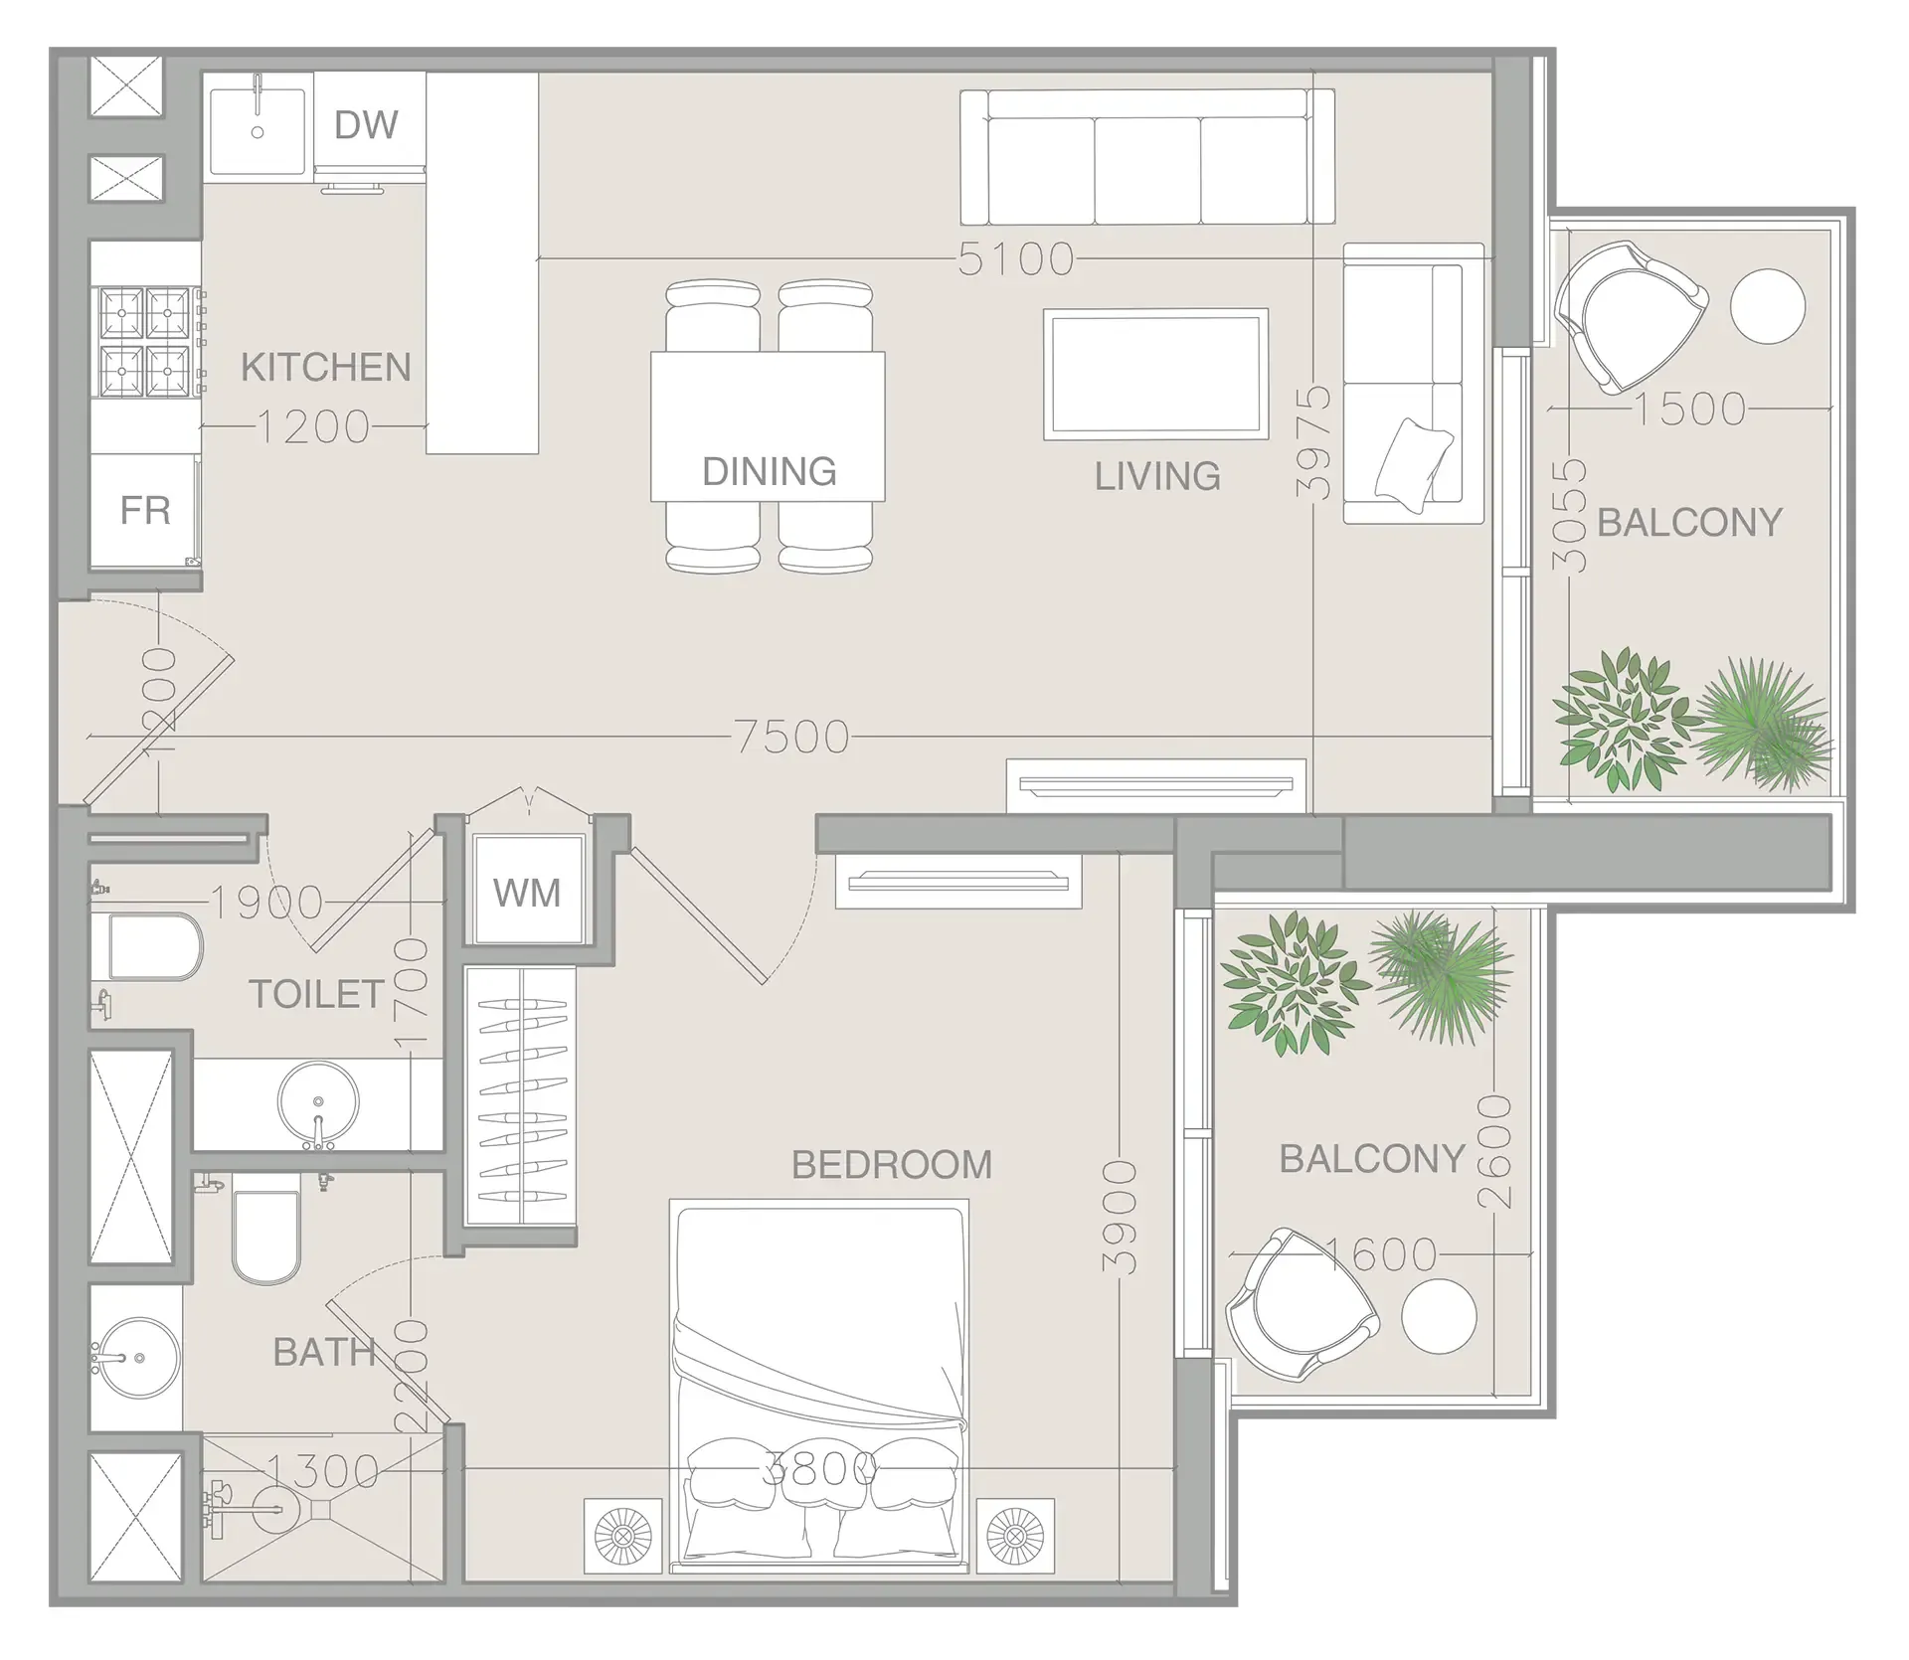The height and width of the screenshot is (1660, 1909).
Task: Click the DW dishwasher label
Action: tap(366, 125)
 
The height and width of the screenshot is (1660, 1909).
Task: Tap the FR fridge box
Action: tap(145, 511)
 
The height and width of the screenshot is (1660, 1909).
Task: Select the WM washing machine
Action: tap(527, 892)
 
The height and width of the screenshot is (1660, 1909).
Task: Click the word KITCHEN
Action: tap(325, 368)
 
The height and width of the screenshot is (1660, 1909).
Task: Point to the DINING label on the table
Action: tap(769, 471)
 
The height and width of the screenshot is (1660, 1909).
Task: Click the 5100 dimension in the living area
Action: tap(1015, 259)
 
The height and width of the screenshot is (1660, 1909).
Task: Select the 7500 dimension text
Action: tap(792, 738)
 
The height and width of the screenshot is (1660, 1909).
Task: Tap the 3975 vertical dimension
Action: tap(1314, 441)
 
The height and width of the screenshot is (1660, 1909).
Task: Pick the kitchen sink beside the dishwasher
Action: tap(257, 129)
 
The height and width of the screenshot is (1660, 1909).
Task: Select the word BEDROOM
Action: tap(891, 1165)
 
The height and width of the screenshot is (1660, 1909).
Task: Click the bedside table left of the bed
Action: tap(622, 1537)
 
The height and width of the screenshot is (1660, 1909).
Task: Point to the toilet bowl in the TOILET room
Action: tap(154, 946)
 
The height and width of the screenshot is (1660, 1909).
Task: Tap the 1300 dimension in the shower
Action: tap(323, 1471)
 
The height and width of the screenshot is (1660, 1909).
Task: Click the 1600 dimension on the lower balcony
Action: tap(1382, 1254)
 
